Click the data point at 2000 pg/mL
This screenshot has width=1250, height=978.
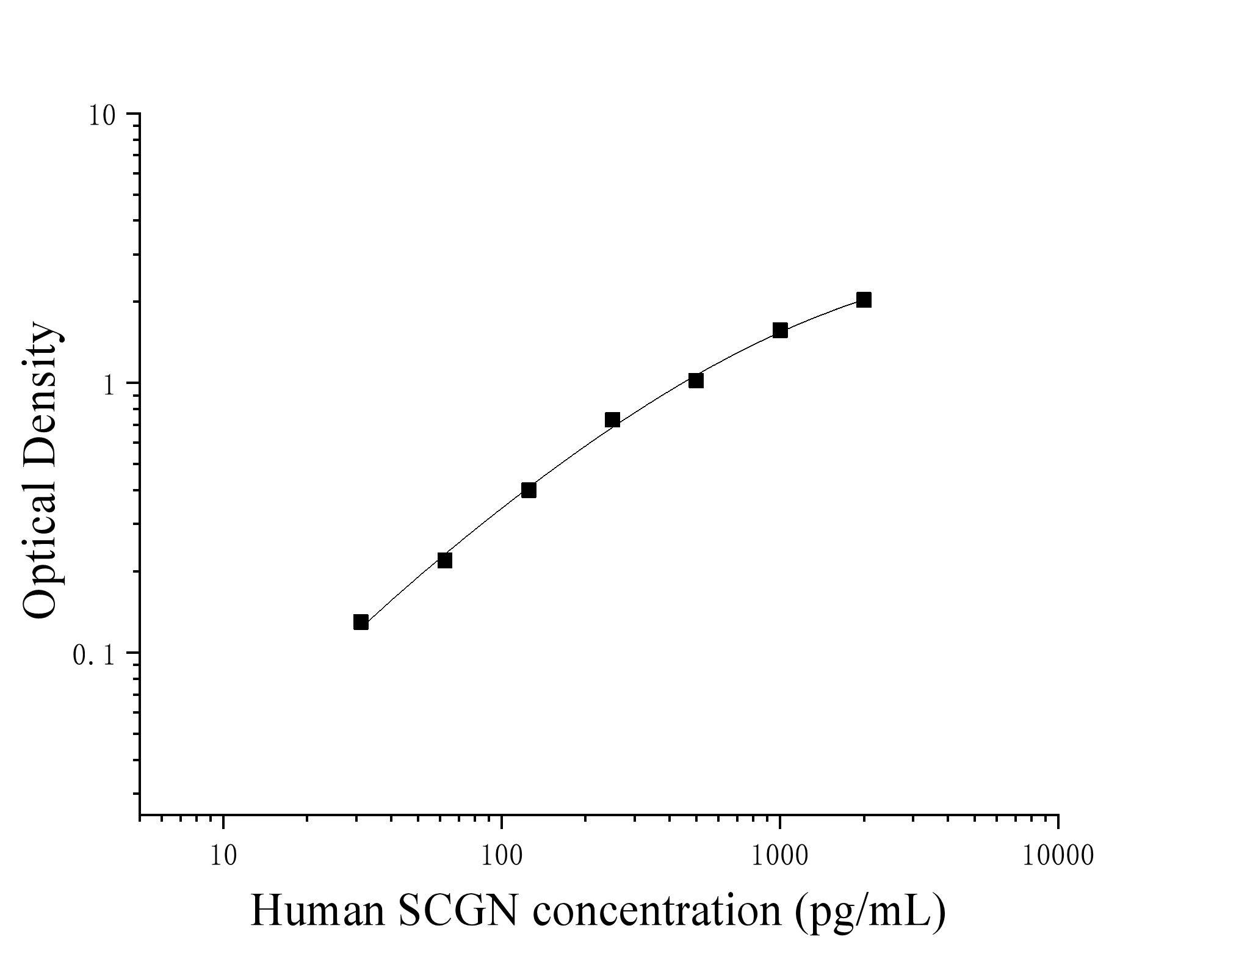click(863, 300)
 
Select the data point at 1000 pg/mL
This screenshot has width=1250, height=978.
click(780, 330)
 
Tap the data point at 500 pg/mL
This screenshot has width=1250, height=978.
click(696, 381)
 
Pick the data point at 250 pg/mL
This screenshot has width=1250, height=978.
click(612, 420)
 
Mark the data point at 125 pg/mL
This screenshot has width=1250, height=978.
click(529, 490)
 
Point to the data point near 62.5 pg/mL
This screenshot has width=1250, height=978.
click(445, 560)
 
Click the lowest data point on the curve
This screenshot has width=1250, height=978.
click(361, 622)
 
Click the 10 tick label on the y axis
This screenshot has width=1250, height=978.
click(102, 115)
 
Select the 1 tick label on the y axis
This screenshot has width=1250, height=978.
click(110, 385)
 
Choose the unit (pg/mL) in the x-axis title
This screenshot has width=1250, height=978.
click(870, 913)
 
